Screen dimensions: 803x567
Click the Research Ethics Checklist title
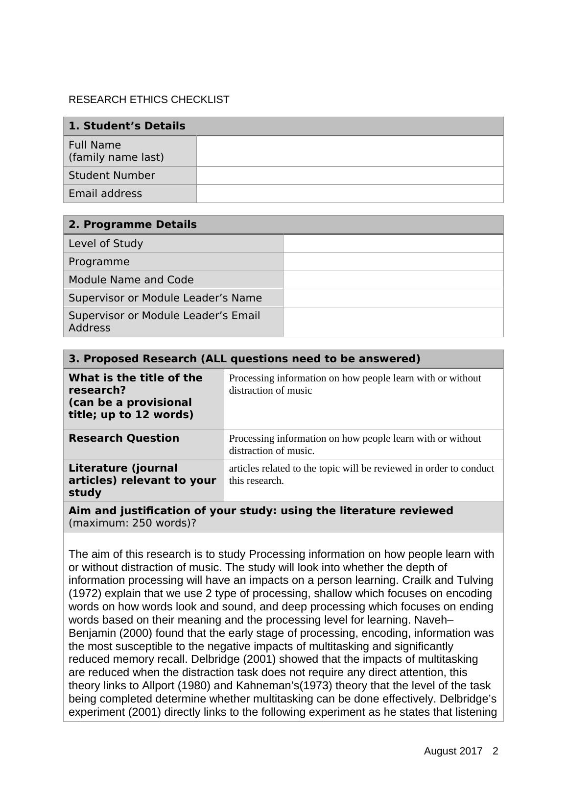click(x=149, y=100)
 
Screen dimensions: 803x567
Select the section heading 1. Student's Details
click(x=127, y=126)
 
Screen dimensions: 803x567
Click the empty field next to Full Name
click(x=350, y=151)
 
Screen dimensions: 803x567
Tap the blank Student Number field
click(x=350, y=176)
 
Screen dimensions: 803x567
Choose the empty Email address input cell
click(x=350, y=194)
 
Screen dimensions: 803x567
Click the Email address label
click(x=105, y=194)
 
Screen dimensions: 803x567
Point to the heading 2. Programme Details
click(x=133, y=225)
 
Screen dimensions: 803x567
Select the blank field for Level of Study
click(x=393, y=244)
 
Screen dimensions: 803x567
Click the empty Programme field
click(x=393, y=262)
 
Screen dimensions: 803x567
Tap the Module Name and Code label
click(x=131, y=280)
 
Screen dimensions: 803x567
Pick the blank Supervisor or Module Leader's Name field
click(x=393, y=298)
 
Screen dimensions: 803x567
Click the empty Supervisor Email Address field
click(x=393, y=322)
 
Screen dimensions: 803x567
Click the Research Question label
click(x=124, y=438)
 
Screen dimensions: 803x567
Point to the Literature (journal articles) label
click(x=142, y=480)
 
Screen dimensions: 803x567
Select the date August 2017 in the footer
click(x=453, y=751)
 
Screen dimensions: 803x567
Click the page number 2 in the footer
click(x=496, y=751)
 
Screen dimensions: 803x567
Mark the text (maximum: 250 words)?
click(x=132, y=523)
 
